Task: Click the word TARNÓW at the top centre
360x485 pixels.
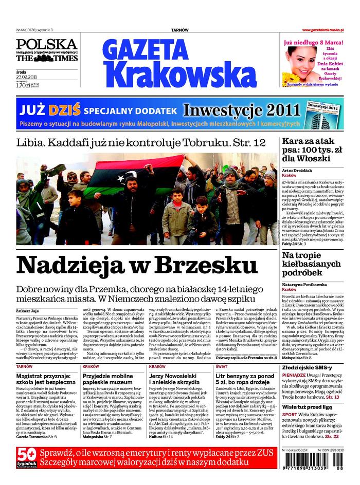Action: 179,31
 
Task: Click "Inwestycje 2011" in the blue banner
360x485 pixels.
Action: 241,110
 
